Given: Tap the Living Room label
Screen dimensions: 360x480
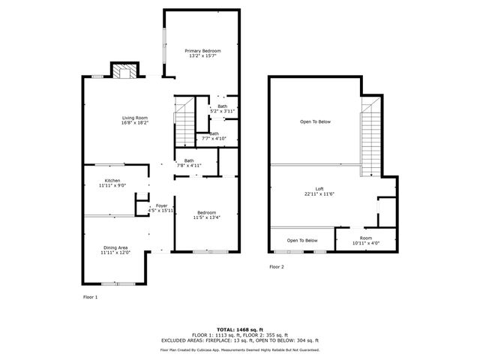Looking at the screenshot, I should [136, 118].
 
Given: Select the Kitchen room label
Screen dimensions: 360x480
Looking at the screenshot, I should [112, 181].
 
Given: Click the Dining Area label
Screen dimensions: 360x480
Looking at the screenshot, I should [115, 247].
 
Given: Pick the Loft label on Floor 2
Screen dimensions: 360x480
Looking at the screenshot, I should [319, 189].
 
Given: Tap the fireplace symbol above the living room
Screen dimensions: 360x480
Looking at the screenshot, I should [126, 71].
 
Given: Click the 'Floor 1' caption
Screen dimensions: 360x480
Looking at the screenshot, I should [90, 297].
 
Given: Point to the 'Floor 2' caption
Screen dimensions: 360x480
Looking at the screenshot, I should [277, 266].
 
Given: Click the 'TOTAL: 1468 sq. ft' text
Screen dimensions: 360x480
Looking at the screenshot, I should [240, 329].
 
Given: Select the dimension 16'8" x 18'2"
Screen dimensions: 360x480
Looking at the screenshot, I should [136, 123].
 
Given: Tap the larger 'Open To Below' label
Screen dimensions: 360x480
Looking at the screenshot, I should [315, 121].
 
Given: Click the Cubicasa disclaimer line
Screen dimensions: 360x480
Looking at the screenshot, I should [240, 349].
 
